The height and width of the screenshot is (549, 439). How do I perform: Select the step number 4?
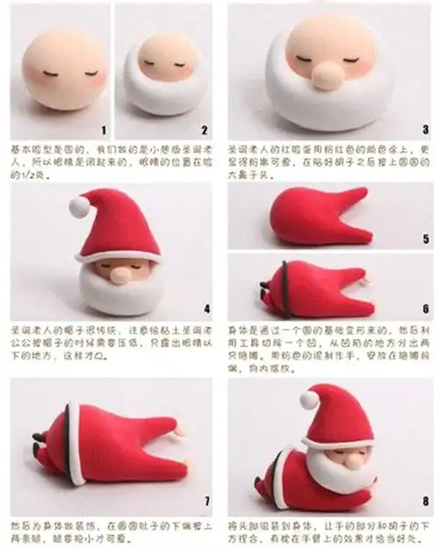(205, 308)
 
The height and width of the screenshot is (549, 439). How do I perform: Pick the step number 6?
(425, 309)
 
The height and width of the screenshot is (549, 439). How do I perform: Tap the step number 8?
(425, 501)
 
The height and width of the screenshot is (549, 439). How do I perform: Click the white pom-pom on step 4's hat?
(80, 206)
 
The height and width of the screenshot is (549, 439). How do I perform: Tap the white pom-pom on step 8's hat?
(309, 400)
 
